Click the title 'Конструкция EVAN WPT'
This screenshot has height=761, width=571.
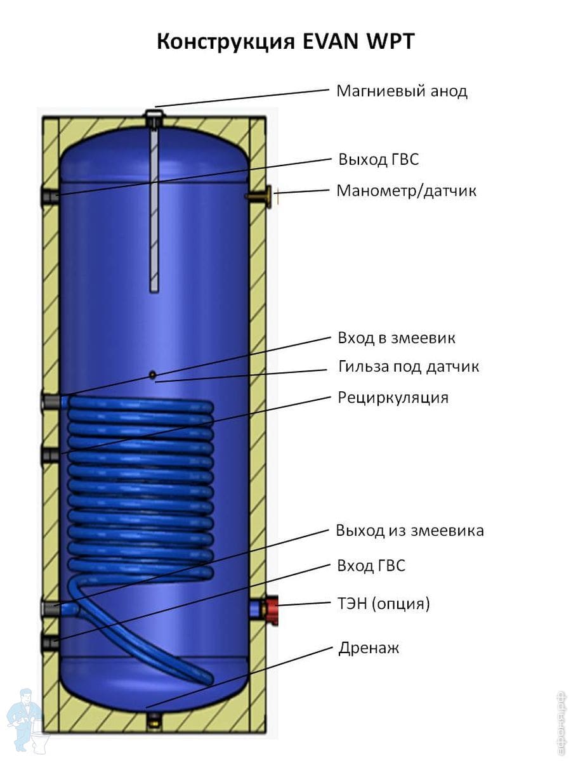point(285,42)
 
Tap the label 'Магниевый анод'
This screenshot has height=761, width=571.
point(402,91)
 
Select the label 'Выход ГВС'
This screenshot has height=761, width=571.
point(379,159)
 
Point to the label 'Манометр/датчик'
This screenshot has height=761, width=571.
point(406,190)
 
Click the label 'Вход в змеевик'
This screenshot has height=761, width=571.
point(397,338)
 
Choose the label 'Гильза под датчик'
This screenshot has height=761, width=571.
point(409,367)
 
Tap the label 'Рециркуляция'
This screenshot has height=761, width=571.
point(393,398)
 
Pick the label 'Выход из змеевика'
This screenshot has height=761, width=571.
point(410,530)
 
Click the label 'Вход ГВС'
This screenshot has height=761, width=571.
point(371,566)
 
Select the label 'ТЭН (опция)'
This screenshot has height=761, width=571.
point(384,604)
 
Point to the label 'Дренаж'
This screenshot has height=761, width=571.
point(369,648)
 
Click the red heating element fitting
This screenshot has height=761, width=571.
point(272,609)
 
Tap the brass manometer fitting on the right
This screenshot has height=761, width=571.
point(261,197)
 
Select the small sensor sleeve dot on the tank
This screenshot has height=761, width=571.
point(153,375)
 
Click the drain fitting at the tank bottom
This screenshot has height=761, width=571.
point(154,719)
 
